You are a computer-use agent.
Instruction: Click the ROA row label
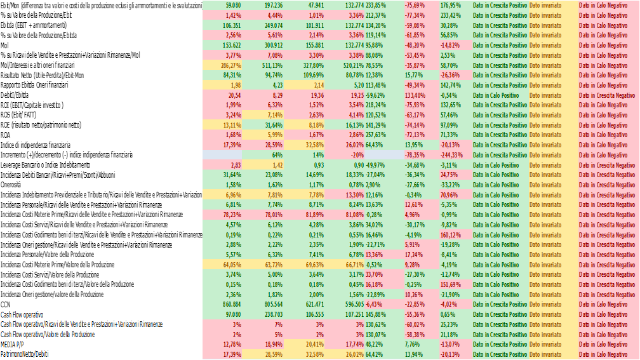[x=6, y=135]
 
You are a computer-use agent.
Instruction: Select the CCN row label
[x=6, y=304]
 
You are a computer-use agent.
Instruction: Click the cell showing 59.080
[x=232, y=4]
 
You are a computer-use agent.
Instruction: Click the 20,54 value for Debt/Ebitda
[x=234, y=95]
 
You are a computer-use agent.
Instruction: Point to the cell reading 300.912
[x=270, y=45]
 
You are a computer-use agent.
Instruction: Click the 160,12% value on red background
[x=450, y=234]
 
